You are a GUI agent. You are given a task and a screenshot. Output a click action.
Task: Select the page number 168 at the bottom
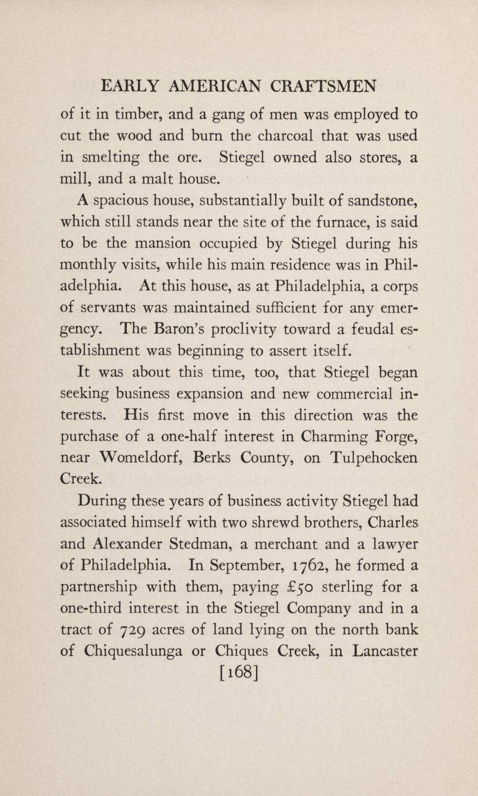pyautogui.click(x=238, y=672)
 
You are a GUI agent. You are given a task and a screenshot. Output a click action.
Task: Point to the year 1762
pyautogui.click(x=321, y=565)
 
